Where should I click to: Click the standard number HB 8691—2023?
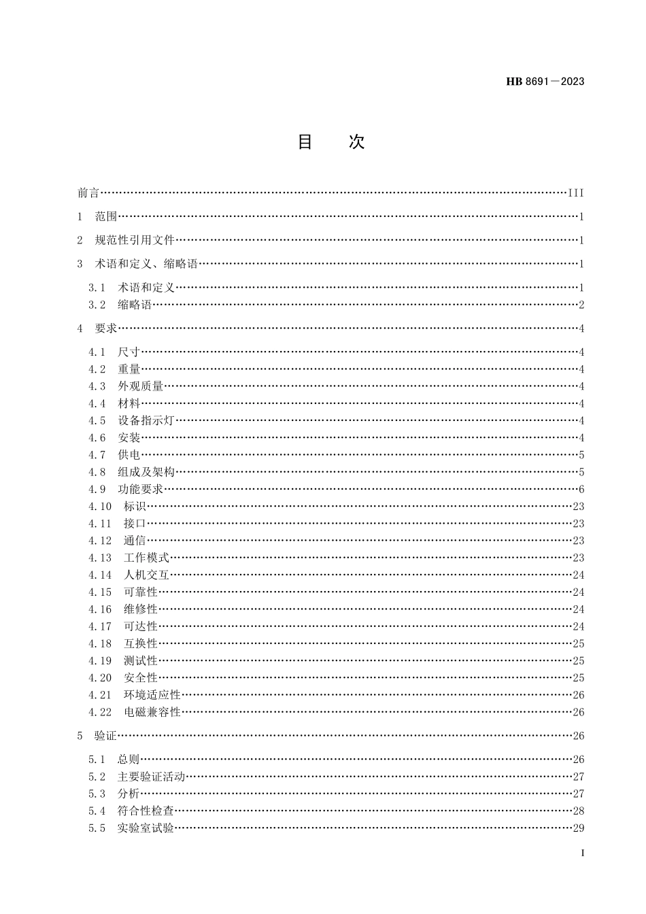[545, 82]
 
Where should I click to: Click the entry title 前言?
[88, 193]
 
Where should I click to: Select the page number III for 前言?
[575, 193]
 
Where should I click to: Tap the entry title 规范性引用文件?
[135, 240]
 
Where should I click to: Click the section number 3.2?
[97, 305]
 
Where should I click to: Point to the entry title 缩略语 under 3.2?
[135, 305]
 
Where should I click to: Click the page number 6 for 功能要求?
[581, 490]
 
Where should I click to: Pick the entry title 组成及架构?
[146, 472]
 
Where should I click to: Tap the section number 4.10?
[100, 507]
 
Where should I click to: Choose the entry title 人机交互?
[146, 575]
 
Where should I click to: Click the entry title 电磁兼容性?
[152, 712]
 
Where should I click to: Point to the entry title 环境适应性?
[152, 695]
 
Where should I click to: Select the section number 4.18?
[100, 643]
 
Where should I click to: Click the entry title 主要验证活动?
[152, 777]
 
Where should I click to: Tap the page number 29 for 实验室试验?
[579, 828]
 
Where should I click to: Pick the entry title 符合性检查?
[146, 811]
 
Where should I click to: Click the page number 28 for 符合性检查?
[579, 811]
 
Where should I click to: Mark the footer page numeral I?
[582, 853]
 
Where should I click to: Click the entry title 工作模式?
[146, 558]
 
